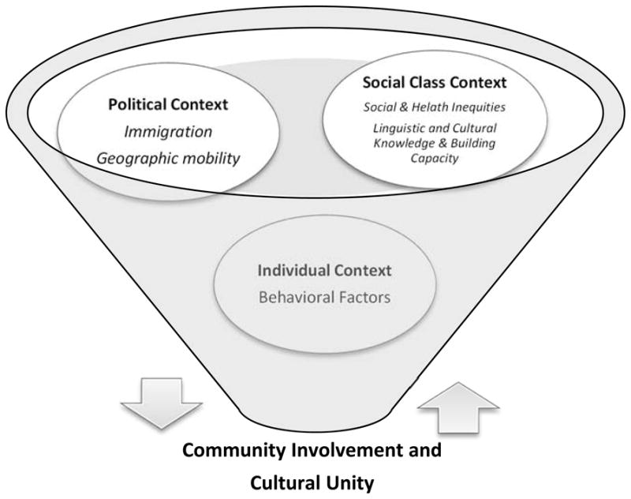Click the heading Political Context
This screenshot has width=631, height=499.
[x=157, y=103]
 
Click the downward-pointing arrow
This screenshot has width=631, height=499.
[x=162, y=402]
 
